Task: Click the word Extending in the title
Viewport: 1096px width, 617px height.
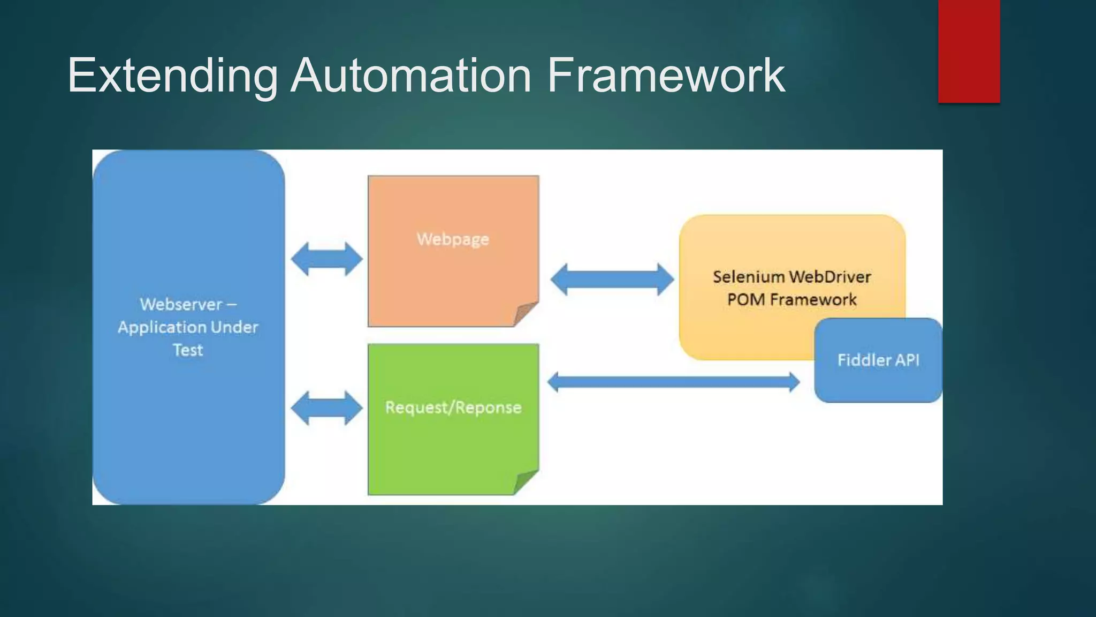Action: [172, 76]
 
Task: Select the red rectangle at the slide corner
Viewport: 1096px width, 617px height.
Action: [969, 51]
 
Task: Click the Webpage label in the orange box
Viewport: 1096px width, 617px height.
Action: [453, 239]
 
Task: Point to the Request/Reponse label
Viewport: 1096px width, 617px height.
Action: [453, 408]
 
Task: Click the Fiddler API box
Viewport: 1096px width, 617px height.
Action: [878, 375]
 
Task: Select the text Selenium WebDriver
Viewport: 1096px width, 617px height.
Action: [791, 277]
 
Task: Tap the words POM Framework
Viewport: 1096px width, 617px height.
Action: [791, 299]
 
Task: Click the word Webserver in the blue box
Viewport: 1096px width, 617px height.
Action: [181, 304]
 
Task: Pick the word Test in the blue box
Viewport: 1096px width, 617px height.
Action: [188, 350]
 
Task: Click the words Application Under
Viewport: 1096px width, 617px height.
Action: [188, 327]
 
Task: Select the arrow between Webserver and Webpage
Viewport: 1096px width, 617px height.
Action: [326, 259]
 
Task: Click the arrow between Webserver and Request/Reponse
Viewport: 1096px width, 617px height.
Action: [326, 408]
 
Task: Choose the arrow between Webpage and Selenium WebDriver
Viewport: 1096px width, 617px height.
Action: [612, 279]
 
